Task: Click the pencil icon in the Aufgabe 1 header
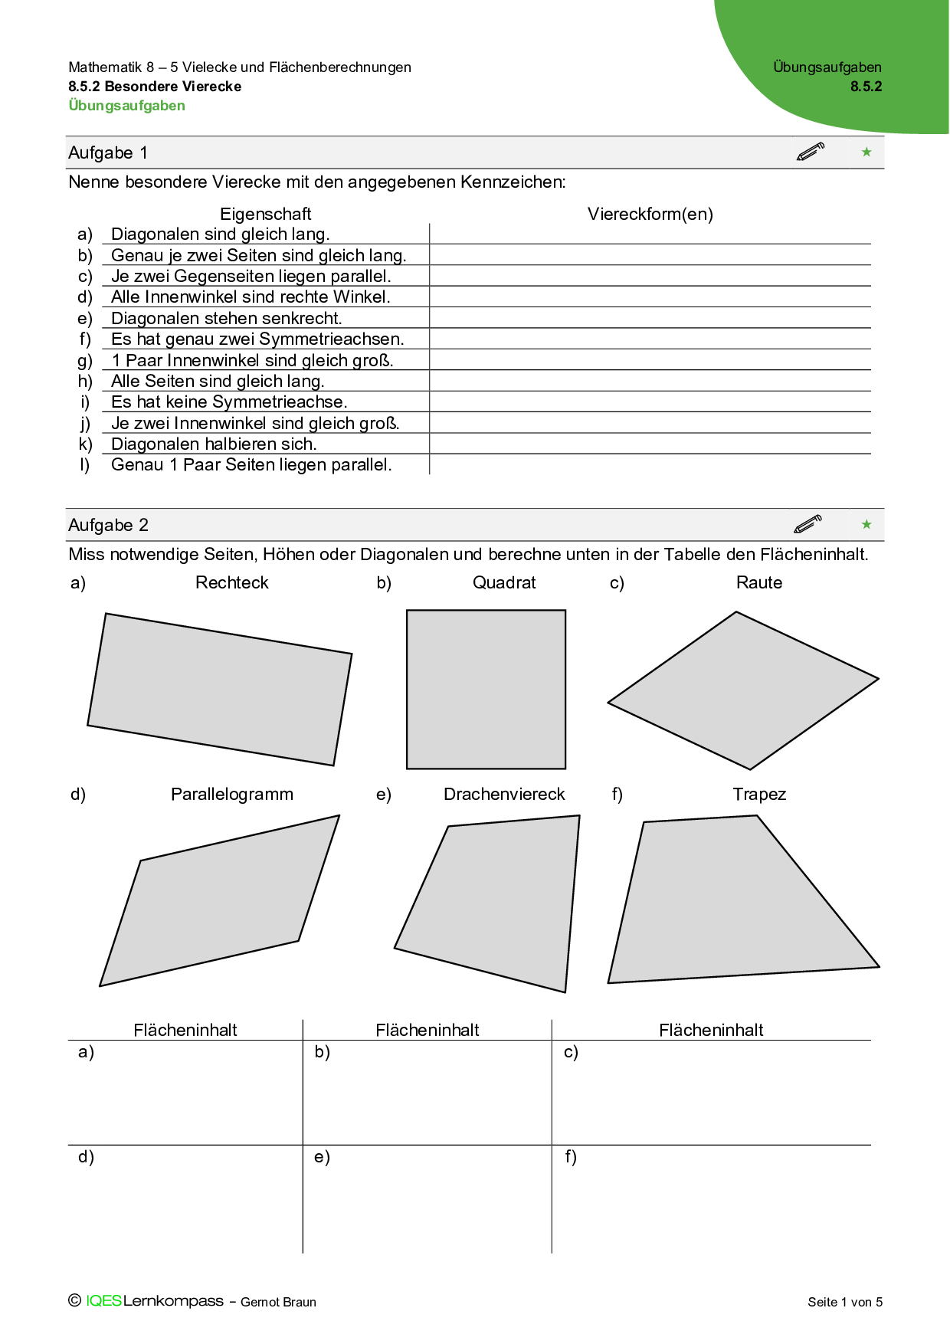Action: coord(810,152)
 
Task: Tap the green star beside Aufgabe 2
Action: coord(866,524)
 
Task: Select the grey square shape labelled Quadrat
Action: coord(486,689)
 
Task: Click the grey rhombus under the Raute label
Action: coord(743,690)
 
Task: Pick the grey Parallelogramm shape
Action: coord(220,901)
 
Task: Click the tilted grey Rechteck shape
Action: coord(220,689)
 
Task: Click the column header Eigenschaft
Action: coord(265,214)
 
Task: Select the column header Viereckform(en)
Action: coord(650,214)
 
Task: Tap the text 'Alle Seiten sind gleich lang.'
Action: coord(218,381)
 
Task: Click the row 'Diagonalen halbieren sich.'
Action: coord(214,444)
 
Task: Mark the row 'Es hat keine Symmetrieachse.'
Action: coord(229,402)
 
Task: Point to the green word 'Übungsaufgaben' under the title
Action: coord(127,106)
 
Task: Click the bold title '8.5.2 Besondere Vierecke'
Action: coord(155,87)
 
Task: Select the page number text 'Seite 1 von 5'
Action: coord(845,1302)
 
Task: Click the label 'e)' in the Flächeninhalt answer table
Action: coord(322,1156)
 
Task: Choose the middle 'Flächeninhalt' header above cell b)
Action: coord(427,1030)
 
